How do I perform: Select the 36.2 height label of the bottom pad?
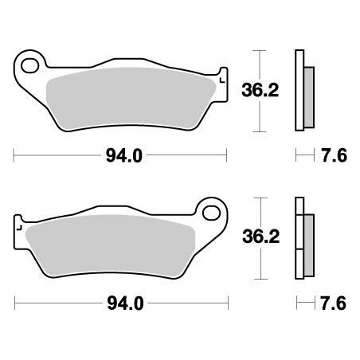259,236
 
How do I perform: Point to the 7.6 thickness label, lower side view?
335,303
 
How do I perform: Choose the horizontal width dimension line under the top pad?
64,156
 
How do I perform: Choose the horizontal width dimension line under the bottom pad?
64,303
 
